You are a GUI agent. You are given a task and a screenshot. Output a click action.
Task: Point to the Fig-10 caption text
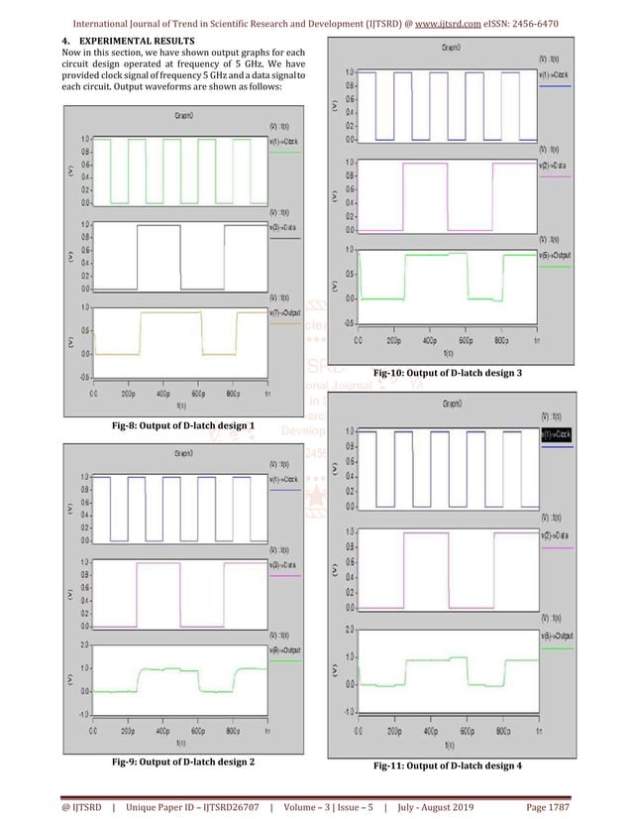click(449, 372)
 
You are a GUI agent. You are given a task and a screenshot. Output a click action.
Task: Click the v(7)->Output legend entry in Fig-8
click(285, 313)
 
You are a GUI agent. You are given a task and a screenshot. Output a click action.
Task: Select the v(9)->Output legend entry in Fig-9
click(285, 649)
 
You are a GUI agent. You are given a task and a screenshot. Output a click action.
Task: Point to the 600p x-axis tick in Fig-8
click(197, 394)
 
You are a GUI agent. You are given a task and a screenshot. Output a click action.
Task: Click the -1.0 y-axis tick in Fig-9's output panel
click(85, 713)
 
